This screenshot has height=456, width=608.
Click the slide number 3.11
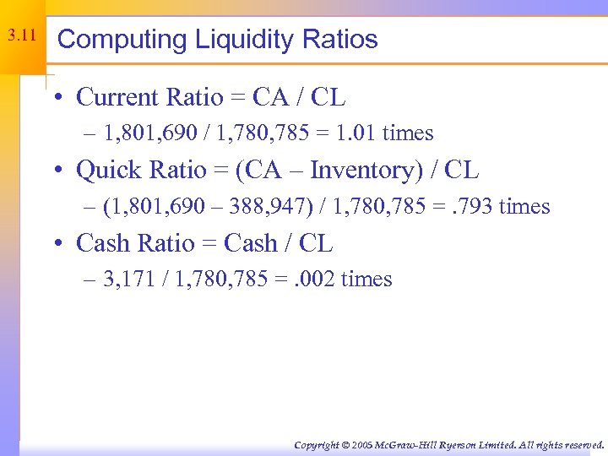(x=21, y=36)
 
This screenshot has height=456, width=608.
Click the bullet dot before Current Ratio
(x=63, y=98)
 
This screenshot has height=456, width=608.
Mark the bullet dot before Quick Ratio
(x=63, y=171)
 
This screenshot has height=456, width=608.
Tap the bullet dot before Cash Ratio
(x=63, y=244)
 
